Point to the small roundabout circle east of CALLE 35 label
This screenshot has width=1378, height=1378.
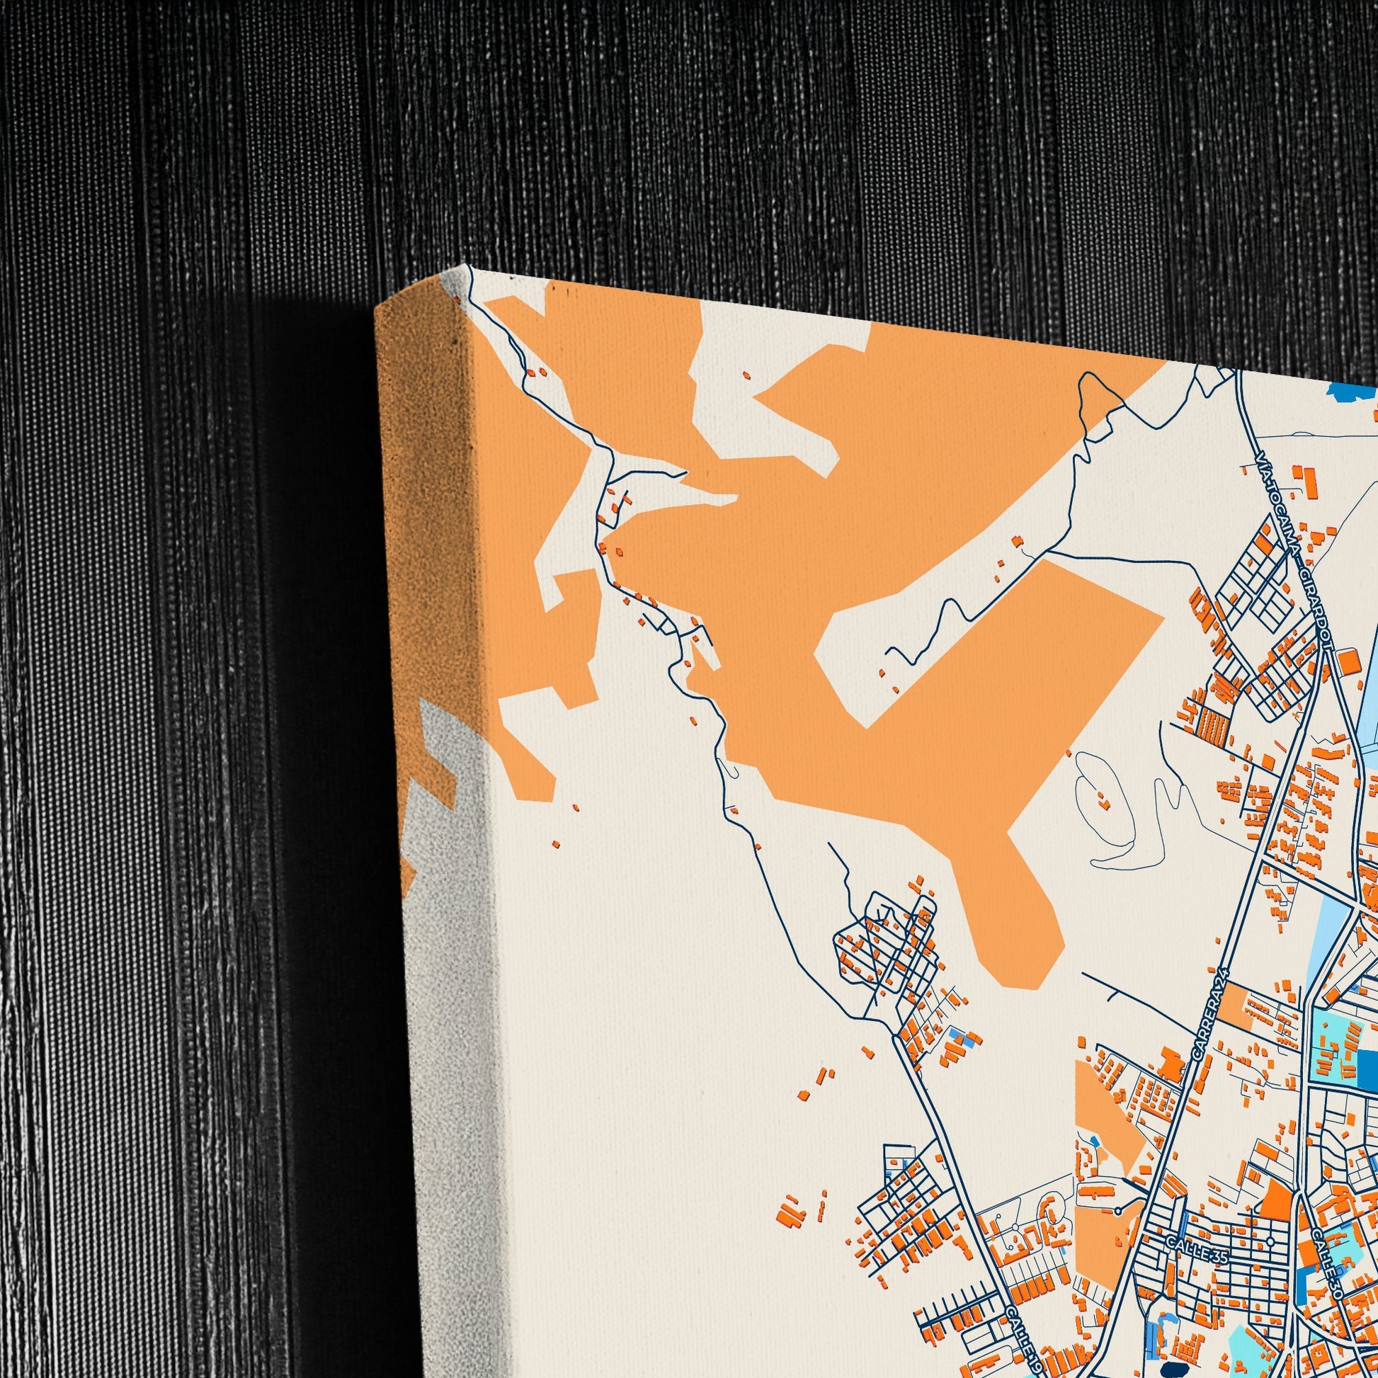click(1271, 1242)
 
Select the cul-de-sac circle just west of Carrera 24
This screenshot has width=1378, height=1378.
click(1117, 1209)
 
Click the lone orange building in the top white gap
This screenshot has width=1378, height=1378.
click(747, 374)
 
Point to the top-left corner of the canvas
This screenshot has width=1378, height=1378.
click(469, 266)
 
